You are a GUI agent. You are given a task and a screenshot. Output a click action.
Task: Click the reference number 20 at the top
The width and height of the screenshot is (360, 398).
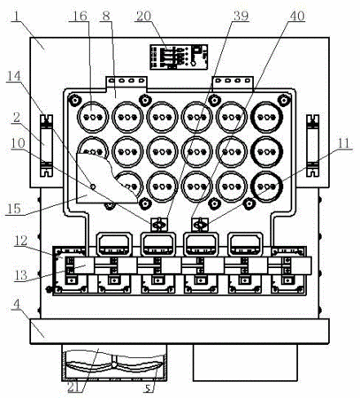click(x=143, y=16)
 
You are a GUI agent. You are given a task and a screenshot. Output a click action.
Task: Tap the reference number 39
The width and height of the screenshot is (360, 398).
click(x=241, y=16)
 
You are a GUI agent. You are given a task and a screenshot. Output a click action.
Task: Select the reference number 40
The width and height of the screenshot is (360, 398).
click(x=297, y=16)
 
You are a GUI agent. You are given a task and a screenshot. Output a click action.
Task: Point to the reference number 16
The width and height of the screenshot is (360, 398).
click(x=80, y=16)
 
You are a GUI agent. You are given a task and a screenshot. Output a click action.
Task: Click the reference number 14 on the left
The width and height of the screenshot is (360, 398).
click(x=14, y=76)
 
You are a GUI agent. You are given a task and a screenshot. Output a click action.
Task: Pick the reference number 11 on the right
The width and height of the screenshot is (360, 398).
click(x=343, y=143)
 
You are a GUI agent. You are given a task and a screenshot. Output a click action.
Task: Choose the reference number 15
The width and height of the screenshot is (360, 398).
click(x=13, y=209)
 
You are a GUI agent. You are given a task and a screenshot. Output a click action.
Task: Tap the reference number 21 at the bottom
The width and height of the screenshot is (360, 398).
click(x=74, y=387)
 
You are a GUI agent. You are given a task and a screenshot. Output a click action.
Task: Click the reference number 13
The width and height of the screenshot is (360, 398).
click(x=20, y=275)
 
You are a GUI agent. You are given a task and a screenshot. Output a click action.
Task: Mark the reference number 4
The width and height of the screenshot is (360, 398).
click(x=17, y=304)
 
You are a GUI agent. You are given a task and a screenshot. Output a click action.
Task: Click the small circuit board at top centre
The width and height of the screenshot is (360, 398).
click(x=179, y=57)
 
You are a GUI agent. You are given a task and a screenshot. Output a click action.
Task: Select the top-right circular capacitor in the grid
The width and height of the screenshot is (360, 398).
click(x=267, y=117)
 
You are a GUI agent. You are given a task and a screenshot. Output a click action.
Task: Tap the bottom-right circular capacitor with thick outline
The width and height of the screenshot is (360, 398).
click(x=267, y=187)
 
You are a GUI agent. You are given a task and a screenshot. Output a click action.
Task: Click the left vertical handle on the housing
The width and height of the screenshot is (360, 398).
click(x=46, y=146)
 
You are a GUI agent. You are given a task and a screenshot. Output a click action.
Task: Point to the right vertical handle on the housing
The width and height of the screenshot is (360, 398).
click(x=313, y=146)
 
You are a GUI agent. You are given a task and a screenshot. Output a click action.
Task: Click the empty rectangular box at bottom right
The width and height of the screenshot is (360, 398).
click(x=245, y=363)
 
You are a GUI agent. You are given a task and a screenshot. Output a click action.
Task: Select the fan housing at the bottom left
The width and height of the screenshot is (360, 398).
click(x=114, y=363)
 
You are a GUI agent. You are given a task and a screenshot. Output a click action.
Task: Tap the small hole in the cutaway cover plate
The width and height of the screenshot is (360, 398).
click(x=93, y=187)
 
